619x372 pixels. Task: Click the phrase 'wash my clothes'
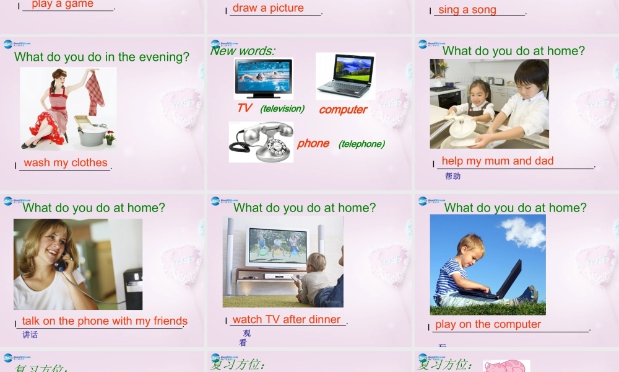click(66, 163)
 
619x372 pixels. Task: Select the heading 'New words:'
click(243, 51)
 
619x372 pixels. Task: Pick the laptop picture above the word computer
click(345, 76)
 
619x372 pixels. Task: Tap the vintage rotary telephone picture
click(261, 142)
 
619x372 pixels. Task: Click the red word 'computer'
click(343, 110)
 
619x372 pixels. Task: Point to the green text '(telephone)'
click(361, 144)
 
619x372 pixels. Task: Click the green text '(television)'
click(282, 108)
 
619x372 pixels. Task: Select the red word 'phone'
click(313, 143)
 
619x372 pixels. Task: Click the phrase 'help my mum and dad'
click(498, 161)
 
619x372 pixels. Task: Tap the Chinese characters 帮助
click(452, 176)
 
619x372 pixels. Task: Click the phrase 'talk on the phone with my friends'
click(105, 321)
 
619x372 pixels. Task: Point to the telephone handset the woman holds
click(60, 265)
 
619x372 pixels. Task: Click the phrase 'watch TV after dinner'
click(287, 320)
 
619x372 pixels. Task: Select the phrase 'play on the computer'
click(488, 324)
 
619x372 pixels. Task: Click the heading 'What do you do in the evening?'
click(102, 57)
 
